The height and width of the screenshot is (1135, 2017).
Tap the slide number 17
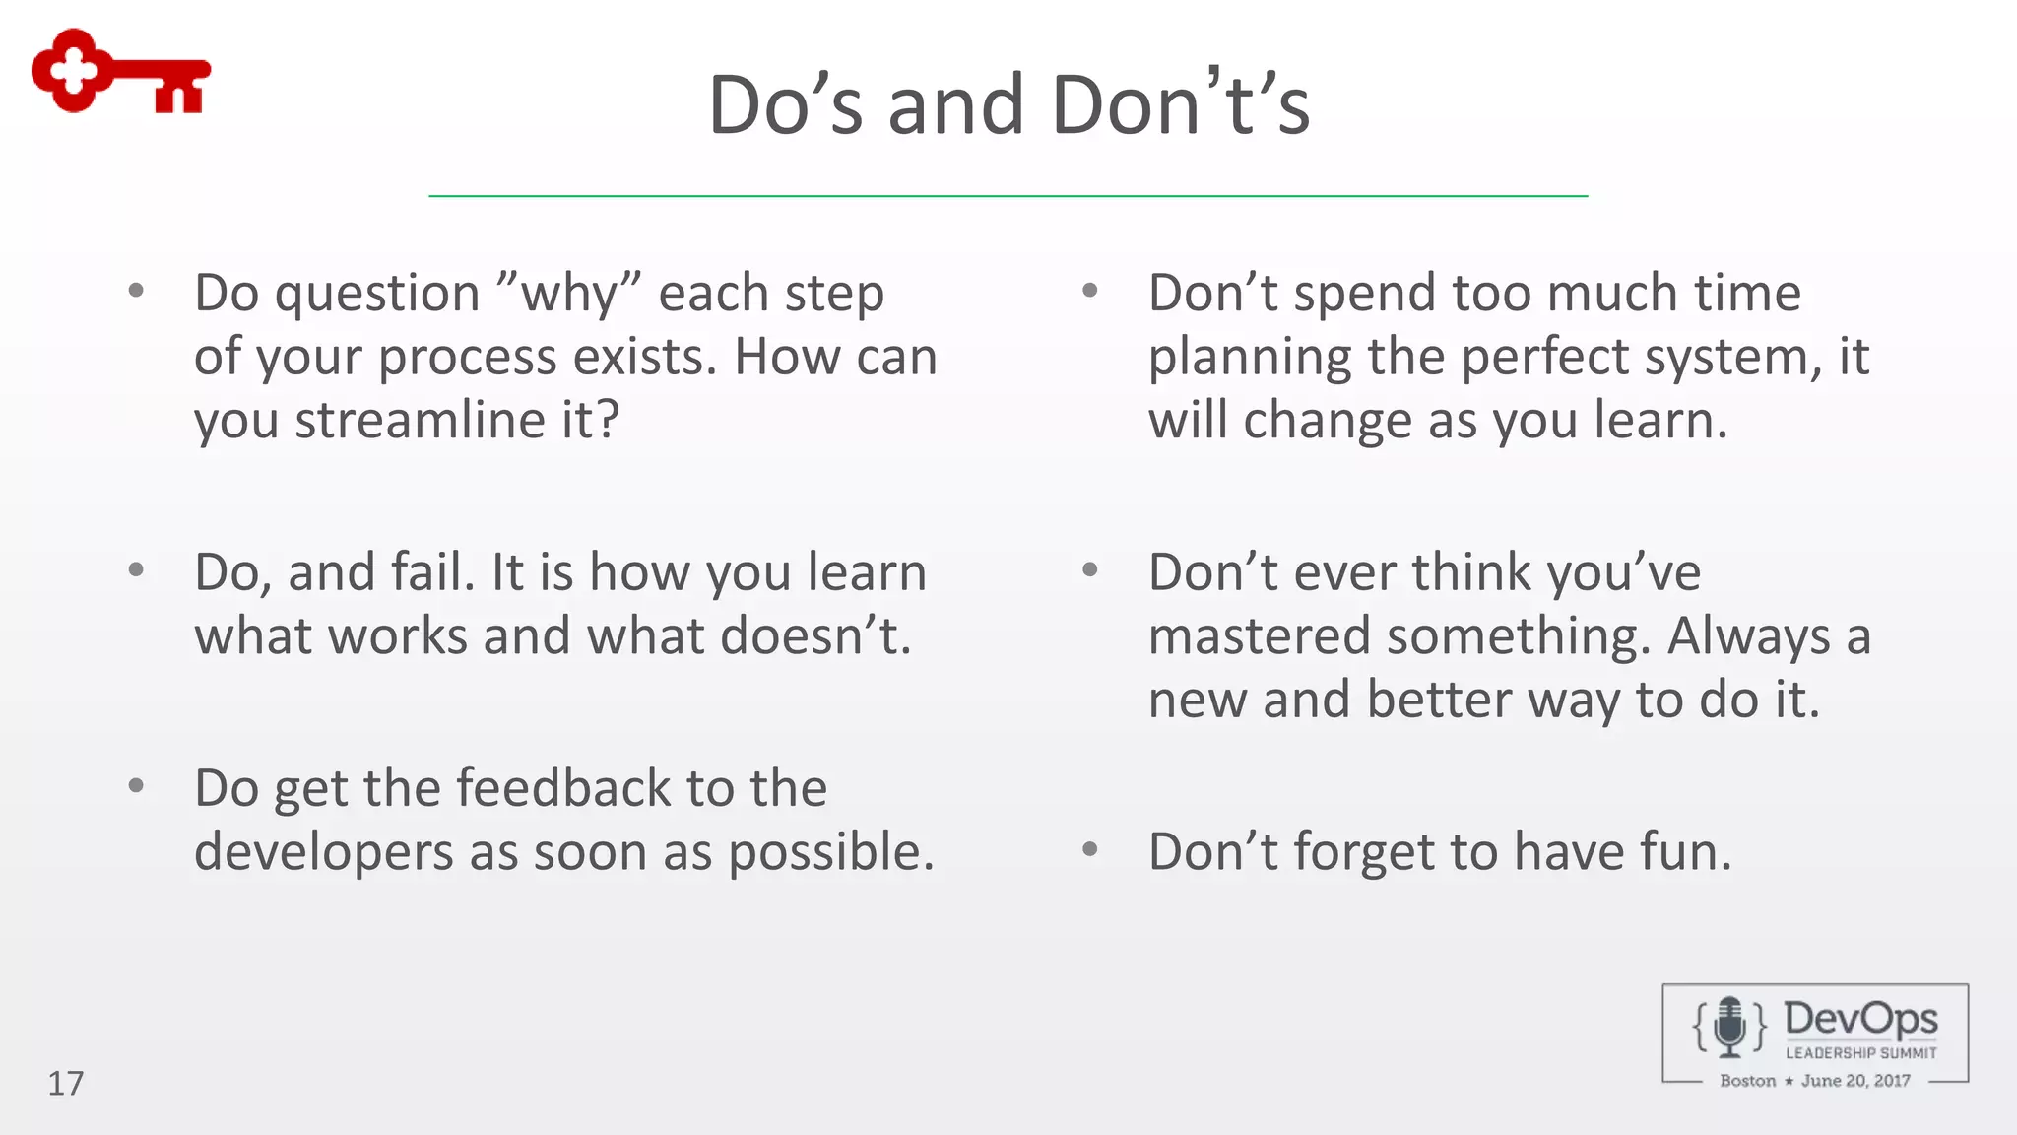pyautogui.click(x=66, y=1083)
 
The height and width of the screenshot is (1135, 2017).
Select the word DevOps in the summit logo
pyautogui.click(x=1859, y=1018)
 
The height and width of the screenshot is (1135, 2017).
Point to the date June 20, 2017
pyautogui.click(x=1855, y=1081)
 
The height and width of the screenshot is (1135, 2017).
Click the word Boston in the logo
pyautogui.click(x=1747, y=1081)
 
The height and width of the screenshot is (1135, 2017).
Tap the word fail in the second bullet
pyautogui.click(x=426, y=572)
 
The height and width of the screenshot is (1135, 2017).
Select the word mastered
pyautogui.click(x=1259, y=635)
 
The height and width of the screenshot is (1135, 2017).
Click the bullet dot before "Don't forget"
pyautogui.click(x=1089, y=849)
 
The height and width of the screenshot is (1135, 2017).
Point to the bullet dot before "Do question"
pyautogui.click(x=136, y=291)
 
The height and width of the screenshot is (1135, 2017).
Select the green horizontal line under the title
pyautogui.click(x=1008, y=196)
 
